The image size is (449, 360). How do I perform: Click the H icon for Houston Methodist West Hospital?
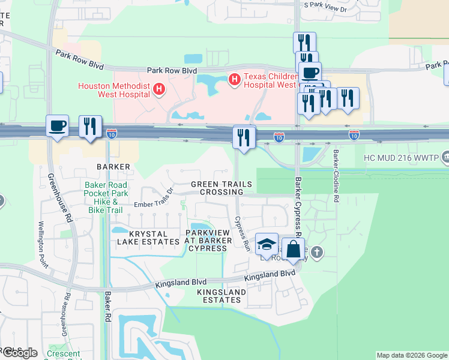click(159, 90)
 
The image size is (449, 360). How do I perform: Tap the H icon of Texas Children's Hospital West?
click(234, 79)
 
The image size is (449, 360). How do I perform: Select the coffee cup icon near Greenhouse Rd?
click(58, 127)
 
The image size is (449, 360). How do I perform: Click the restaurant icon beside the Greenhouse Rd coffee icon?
click(90, 127)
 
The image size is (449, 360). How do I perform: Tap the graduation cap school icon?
click(267, 244)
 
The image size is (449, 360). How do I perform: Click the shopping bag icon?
click(292, 249)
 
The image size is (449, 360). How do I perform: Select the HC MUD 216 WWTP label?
click(402, 159)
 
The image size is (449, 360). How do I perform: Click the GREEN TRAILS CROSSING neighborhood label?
click(217, 188)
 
